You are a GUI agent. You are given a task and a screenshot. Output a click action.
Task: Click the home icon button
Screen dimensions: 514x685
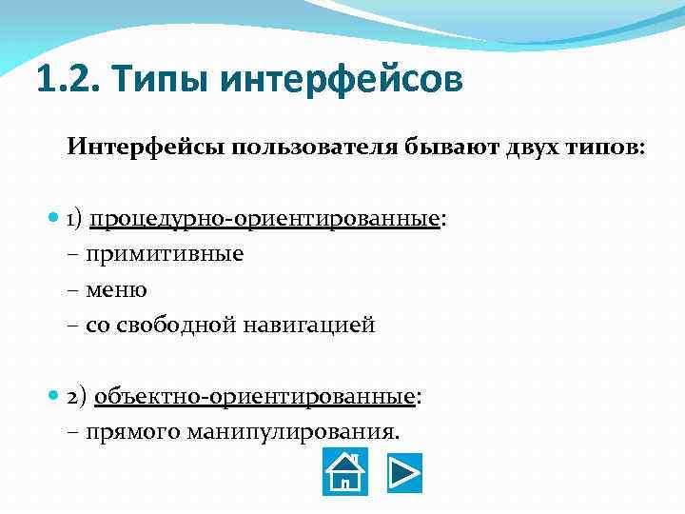point(345,472)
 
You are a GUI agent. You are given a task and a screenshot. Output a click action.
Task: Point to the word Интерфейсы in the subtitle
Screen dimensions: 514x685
point(136,148)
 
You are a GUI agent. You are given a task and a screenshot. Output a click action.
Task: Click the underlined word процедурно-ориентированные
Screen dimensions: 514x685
point(264,219)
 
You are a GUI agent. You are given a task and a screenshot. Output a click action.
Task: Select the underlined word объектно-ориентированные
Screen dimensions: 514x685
point(254,395)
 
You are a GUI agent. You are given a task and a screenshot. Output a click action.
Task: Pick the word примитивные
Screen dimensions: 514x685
point(165,254)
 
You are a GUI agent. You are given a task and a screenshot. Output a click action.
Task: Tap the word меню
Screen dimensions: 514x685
point(116,289)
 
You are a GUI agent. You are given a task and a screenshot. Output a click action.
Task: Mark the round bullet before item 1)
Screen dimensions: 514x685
point(53,219)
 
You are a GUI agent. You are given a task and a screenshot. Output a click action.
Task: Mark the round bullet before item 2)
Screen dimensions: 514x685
point(53,395)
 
